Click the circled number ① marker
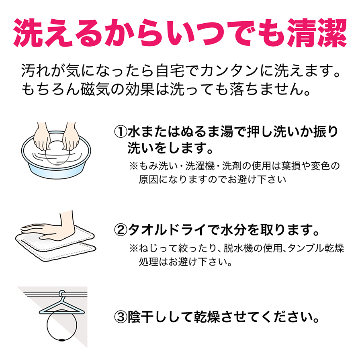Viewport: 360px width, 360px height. tap(121, 131)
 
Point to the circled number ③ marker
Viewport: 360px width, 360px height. tap(121, 318)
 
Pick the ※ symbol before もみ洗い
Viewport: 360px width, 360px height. tap(133, 166)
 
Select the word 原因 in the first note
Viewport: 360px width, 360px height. tap(148, 179)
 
